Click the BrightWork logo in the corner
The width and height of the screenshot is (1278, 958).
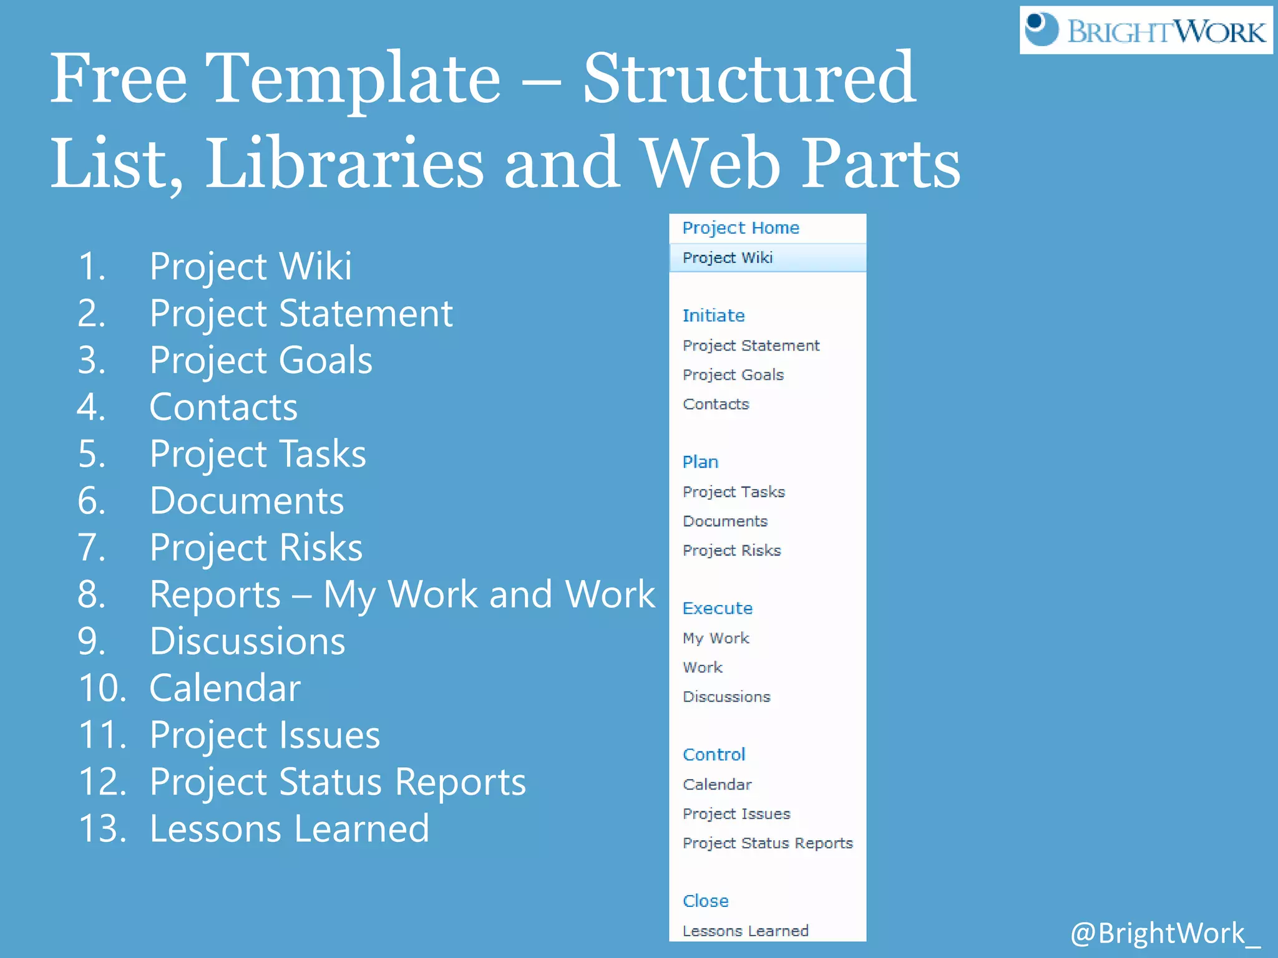click(1146, 30)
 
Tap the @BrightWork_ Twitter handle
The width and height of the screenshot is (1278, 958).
click(1164, 933)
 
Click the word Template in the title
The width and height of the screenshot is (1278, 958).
click(353, 79)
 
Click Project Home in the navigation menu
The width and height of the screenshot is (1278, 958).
click(740, 228)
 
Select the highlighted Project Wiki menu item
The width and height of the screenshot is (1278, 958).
click(728, 258)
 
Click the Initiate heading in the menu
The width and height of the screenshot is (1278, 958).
click(713, 316)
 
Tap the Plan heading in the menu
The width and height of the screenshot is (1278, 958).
click(700, 462)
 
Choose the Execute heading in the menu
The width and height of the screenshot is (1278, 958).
click(718, 608)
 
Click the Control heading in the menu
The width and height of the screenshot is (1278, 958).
click(714, 755)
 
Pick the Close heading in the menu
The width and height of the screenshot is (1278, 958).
click(705, 901)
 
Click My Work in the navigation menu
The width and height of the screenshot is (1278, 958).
click(716, 638)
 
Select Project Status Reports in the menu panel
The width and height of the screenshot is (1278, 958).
click(768, 843)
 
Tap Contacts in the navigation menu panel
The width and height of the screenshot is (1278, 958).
click(716, 404)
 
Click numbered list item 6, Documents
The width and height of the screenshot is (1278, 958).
click(246, 501)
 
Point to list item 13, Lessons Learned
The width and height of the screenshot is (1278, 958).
click(290, 829)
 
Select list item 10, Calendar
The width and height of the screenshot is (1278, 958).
click(225, 688)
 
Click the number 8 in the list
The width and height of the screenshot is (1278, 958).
click(91, 594)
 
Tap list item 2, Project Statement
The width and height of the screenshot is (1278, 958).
click(301, 313)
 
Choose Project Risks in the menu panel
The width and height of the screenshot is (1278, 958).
click(731, 551)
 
